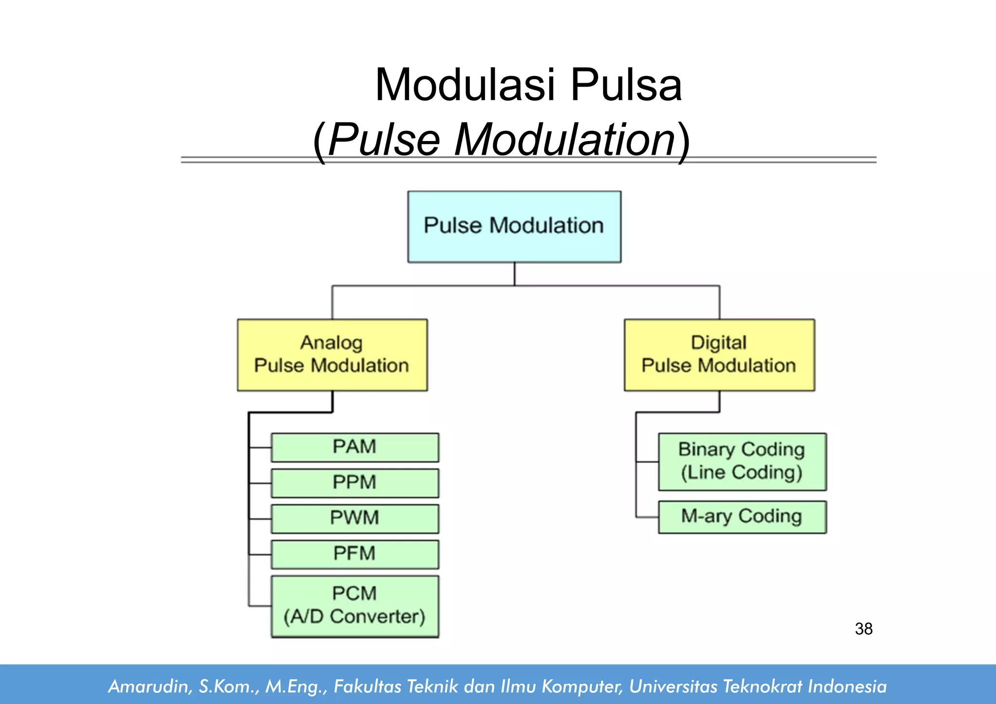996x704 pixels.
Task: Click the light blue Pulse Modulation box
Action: tap(514, 227)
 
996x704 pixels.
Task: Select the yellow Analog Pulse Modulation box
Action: tap(332, 355)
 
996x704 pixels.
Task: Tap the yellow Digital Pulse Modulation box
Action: tap(719, 355)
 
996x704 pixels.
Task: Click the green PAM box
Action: tap(355, 447)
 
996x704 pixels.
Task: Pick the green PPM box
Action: tap(355, 483)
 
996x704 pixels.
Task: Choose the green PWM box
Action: tap(355, 518)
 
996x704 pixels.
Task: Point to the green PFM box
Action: tap(355, 554)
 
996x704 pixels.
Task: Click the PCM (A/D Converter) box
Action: tap(355, 606)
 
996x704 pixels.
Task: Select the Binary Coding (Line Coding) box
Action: tap(742, 461)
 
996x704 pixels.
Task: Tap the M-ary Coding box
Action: tap(742, 517)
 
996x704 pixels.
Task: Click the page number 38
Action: tap(864, 629)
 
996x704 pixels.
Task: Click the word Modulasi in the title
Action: tap(464, 85)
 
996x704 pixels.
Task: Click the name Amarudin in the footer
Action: tap(147, 686)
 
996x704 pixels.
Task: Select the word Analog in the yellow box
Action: tap(331, 343)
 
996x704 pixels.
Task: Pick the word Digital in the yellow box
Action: tap(718, 343)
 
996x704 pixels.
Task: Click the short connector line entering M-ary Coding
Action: tap(647, 517)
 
